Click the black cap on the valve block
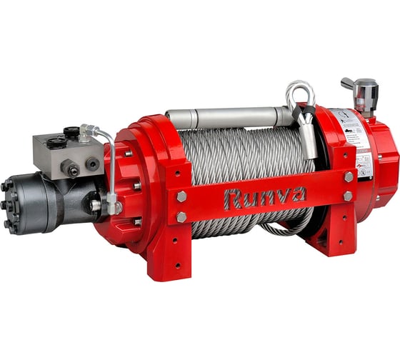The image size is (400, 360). pos(71,132)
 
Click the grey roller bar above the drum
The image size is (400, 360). pos(229,116)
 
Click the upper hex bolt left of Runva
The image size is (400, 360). pos(181,196)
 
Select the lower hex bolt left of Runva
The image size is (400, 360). pos(181,216)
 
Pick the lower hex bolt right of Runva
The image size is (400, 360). pos(348,195)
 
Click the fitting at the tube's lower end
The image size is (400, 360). pos(113,207)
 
